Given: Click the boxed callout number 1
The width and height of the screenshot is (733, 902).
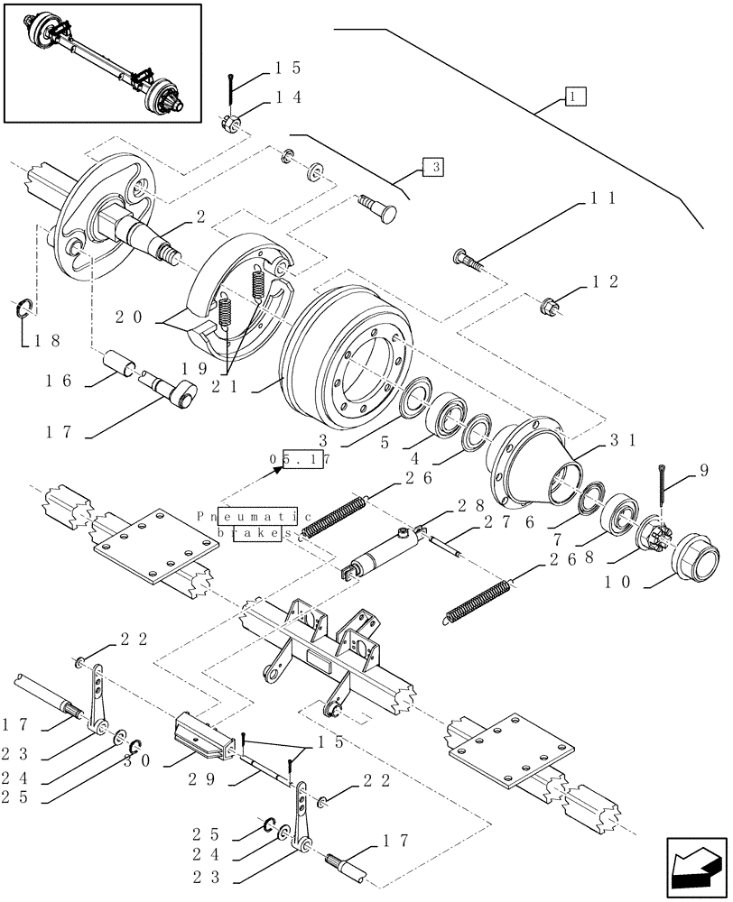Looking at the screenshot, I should [574, 95].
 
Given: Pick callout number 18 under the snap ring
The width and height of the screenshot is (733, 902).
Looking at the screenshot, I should [41, 341].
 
